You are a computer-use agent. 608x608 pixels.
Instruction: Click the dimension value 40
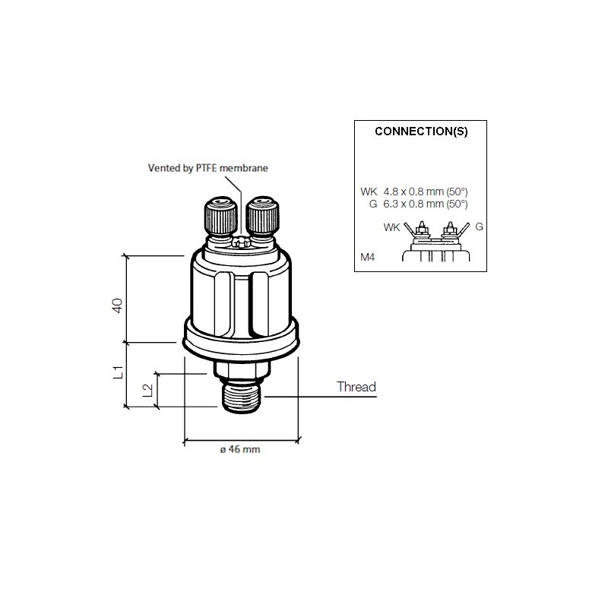[x=117, y=306]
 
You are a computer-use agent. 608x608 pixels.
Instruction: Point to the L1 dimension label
[x=117, y=373]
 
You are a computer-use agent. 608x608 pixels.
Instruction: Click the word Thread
[x=356, y=387]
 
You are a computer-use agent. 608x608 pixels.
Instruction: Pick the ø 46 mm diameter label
[x=240, y=450]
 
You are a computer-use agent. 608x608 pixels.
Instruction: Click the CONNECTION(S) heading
[x=421, y=131]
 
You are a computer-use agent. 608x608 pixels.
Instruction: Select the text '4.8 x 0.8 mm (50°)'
[x=425, y=192]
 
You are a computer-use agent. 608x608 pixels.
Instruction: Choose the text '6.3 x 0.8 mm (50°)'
[x=425, y=204]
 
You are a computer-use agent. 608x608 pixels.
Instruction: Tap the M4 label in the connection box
[x=368, y=257]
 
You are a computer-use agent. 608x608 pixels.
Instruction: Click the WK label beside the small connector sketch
[x=391, y=226]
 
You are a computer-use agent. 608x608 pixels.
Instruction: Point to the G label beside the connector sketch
[x=479, y=226]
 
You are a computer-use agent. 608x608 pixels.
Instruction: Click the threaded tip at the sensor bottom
[x=241, y=398]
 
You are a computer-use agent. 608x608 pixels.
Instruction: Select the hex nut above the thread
[x=241, y=370]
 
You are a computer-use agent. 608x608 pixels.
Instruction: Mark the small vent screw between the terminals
[x=241, y=243]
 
